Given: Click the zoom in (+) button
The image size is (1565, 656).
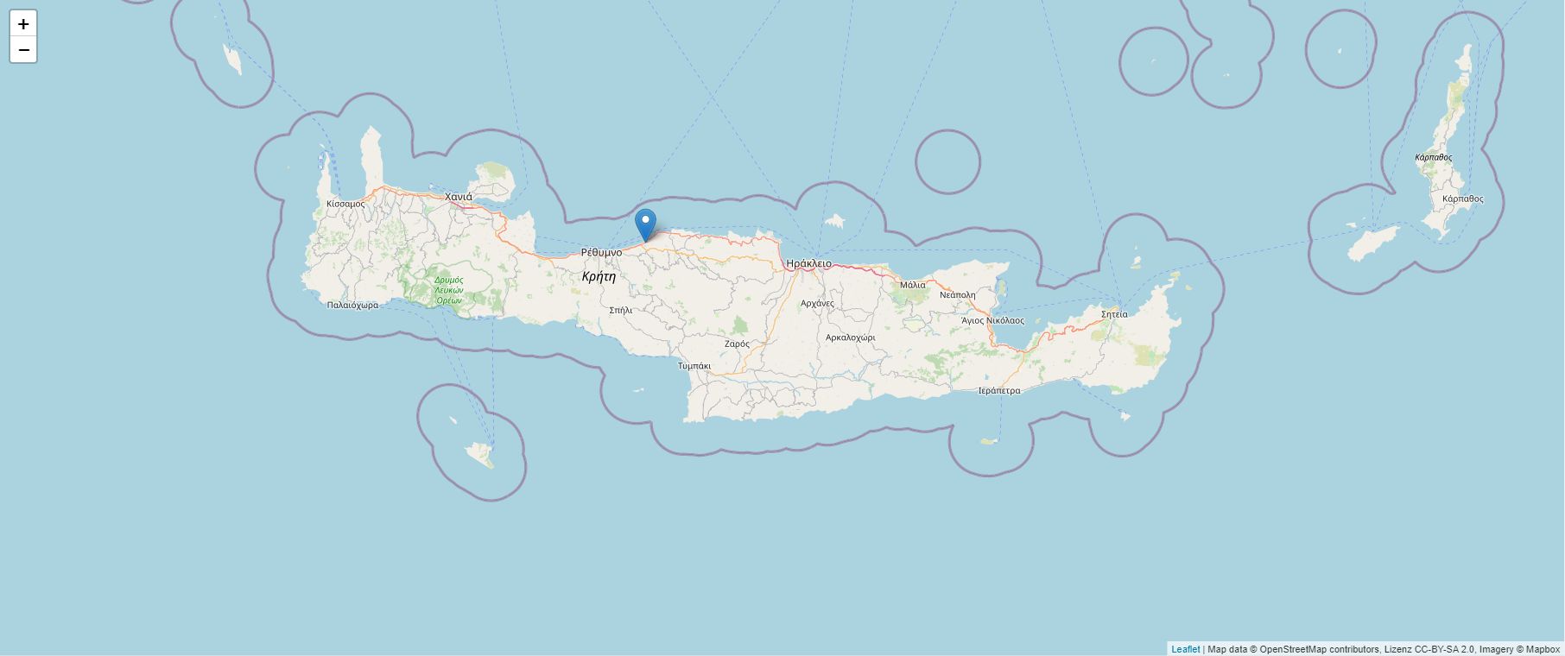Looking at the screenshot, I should tap(23, 24).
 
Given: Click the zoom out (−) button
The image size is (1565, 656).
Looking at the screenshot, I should tap(23, 50).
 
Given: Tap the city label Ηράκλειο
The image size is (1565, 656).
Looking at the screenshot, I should tap(808, 263).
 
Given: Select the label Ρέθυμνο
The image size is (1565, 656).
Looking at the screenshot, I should tap(601, 252).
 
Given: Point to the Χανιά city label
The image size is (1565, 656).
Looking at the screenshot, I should tap(459, 197).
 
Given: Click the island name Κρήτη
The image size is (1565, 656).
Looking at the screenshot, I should tap(599, 276).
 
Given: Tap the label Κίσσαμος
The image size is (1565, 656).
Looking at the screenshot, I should tap(345, 204).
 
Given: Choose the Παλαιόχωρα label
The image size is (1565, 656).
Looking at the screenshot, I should tap(352, 305).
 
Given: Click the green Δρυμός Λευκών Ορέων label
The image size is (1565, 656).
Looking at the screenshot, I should tap(448, 290).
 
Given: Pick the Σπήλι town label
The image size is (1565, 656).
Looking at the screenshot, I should tap(621, 310).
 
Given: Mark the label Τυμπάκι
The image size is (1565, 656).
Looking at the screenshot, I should tap(694, 366).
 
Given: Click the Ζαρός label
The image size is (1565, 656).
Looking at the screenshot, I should tap(737, 344).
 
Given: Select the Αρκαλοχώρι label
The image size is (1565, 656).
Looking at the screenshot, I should tap(851, 337).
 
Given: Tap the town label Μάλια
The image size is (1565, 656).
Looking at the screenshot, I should tap(912, 285).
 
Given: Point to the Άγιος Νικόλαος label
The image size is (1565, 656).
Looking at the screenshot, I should tap(992, 320).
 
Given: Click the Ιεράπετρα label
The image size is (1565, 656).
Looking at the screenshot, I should tap(998, 390).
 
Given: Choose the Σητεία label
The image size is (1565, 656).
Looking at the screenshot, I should tap(1114, 314).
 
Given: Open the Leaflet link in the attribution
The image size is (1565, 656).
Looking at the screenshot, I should tap(1185, 649).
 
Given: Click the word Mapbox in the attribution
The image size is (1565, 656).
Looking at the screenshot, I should tap(1543, 649).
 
